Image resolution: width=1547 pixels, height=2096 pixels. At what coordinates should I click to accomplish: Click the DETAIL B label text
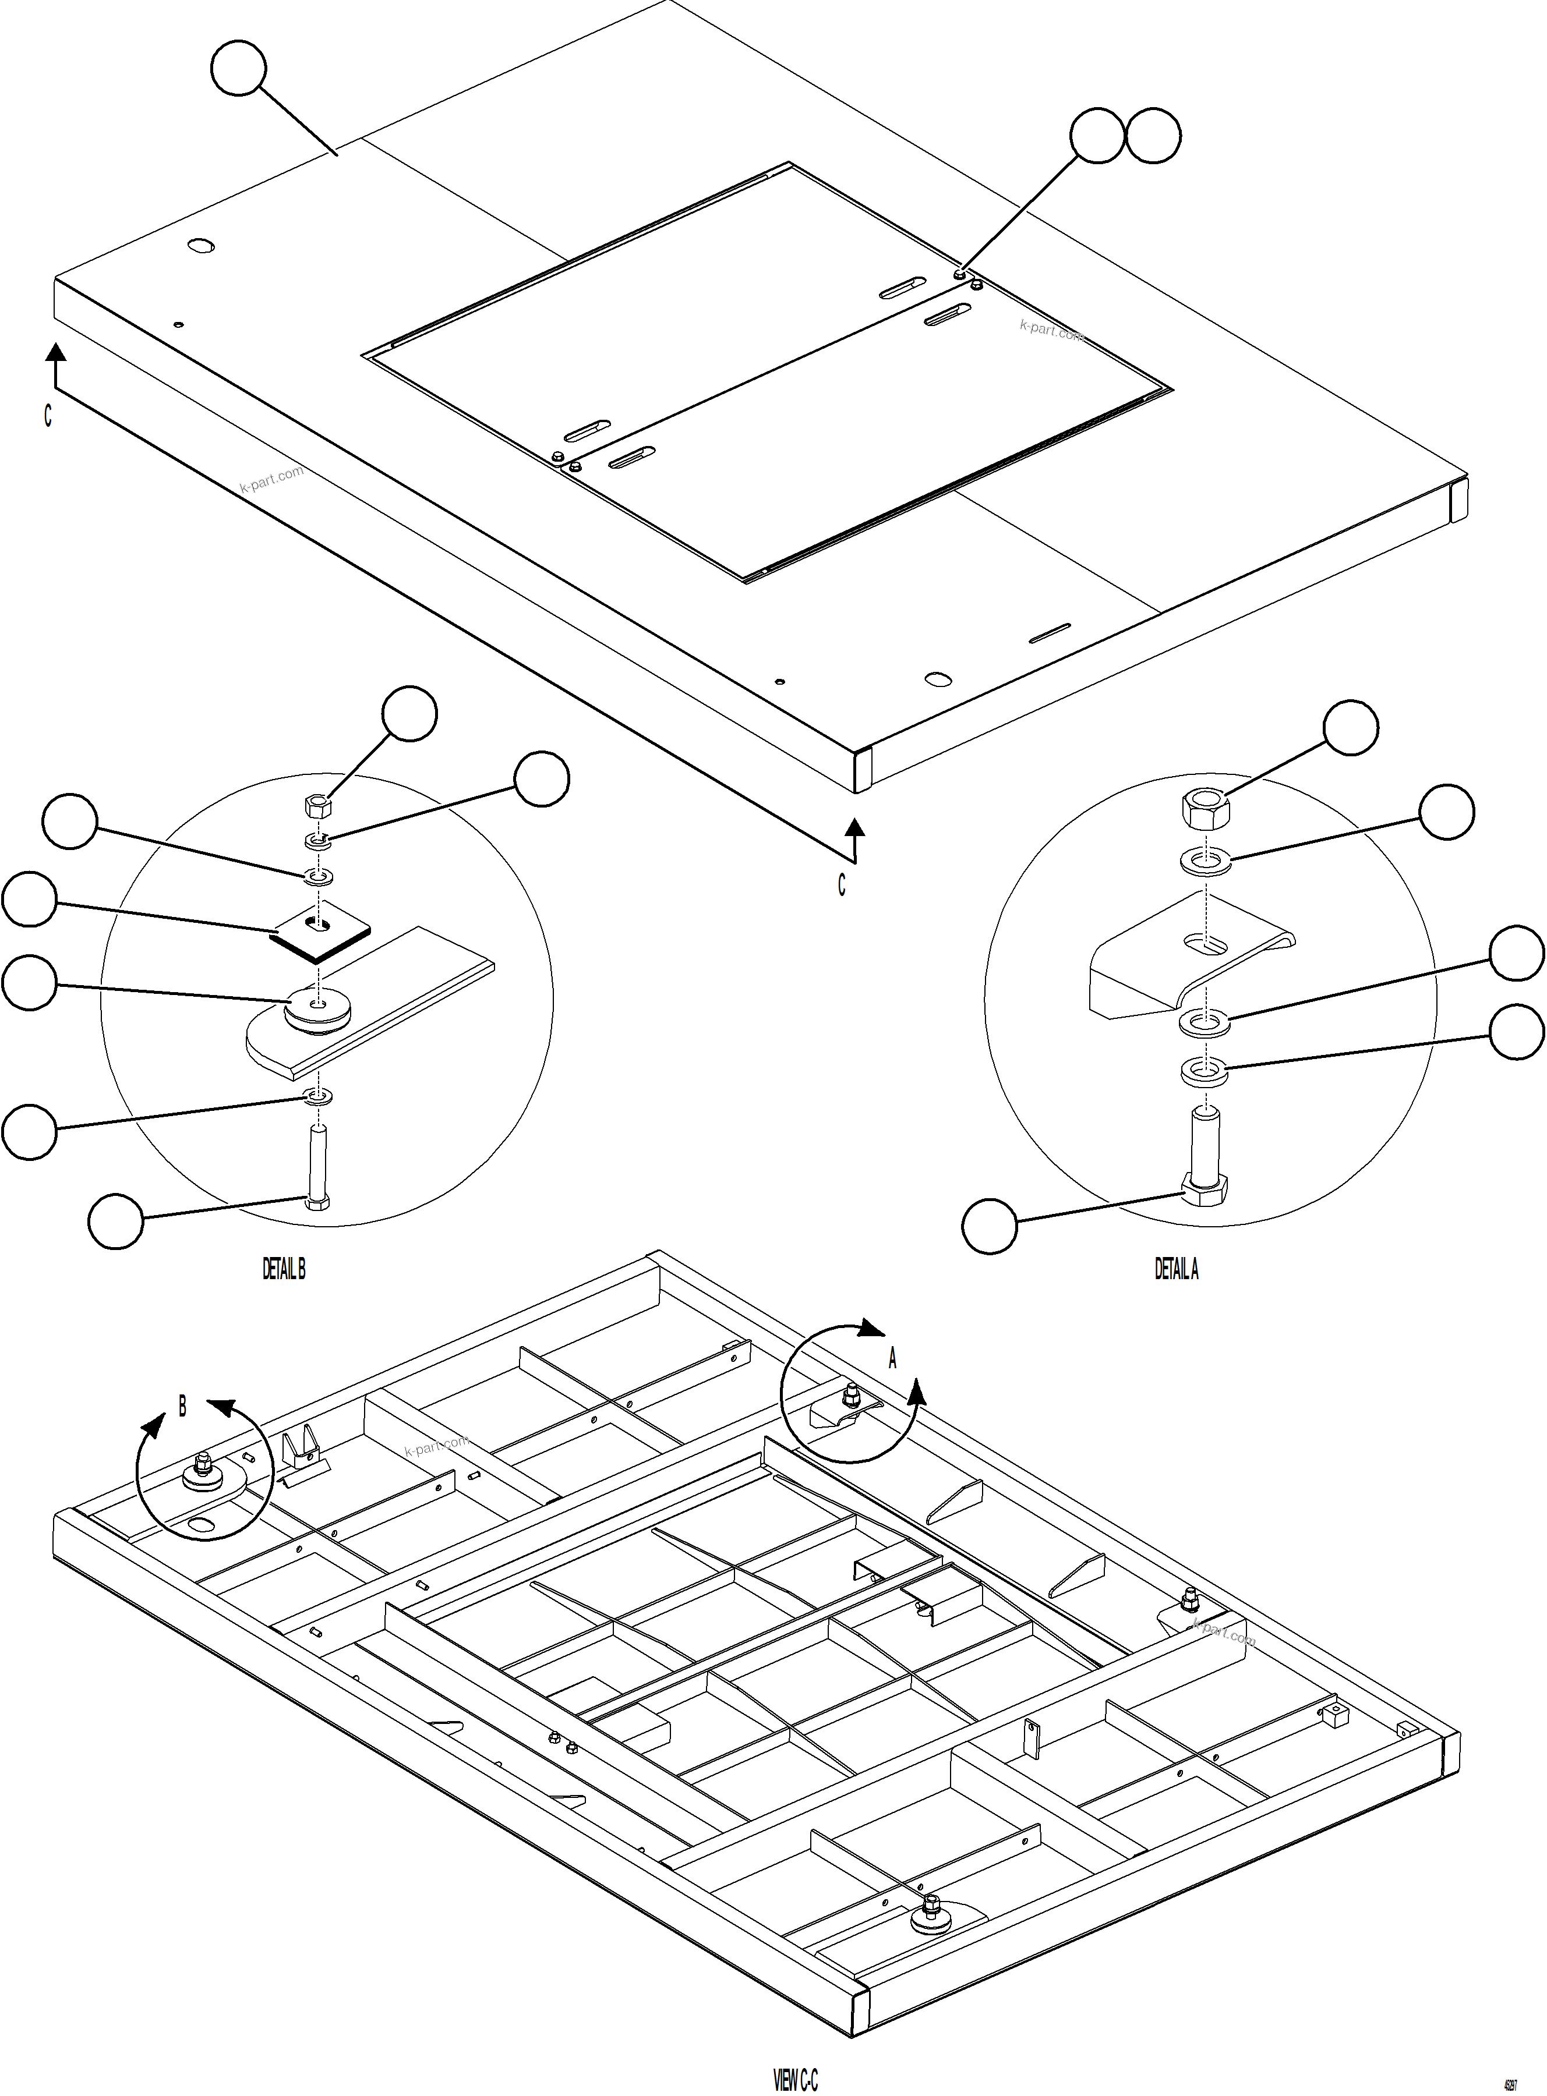(x=284, y=1269)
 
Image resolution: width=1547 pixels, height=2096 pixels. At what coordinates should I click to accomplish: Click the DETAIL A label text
(x=1176, y=1269)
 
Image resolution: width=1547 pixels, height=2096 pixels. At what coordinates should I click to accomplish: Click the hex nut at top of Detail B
(x=317, y=806)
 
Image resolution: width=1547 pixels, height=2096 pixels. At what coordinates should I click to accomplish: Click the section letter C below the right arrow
(x=842, y=884)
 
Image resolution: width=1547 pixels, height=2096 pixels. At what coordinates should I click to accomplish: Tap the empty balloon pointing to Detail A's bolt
(x=990, y=1226)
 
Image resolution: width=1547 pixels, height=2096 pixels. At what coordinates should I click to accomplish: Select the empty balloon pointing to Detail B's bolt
(x=115, y=1221)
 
